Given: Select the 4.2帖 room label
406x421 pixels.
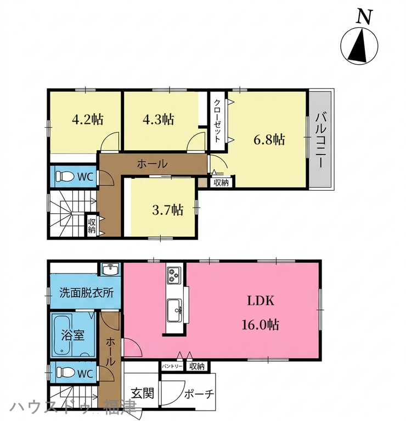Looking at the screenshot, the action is click(88, 119).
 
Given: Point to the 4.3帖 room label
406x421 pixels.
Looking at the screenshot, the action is click(158, 119).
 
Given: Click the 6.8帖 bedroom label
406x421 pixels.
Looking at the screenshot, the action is click(269, 140).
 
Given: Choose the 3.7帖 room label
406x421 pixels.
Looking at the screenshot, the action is click(168, 210).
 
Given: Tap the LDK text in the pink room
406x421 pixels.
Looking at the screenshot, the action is click(261, 301).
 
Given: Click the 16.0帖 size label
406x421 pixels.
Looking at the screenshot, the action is click(261, 325).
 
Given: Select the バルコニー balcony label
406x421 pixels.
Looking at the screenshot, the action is click(320, 140).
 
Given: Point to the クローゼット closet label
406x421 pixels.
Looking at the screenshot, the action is click(217, 121).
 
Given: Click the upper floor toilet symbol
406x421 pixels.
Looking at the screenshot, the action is click(65, 177).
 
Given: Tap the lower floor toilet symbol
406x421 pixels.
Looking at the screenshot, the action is click(65, 373).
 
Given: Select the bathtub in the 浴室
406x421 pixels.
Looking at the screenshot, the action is click(63, 335).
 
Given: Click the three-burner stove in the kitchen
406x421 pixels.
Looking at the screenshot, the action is click(173, 275).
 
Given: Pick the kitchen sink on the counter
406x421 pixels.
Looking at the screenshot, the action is click(174, 311).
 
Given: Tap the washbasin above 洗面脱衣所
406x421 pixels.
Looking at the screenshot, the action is click(111, 269).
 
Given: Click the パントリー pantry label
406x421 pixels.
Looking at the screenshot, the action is click(172, 366).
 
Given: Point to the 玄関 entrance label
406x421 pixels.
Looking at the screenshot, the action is click(143, 394).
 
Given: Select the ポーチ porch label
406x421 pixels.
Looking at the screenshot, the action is click(199, 394).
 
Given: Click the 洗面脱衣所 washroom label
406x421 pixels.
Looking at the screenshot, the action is click(86, 293).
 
